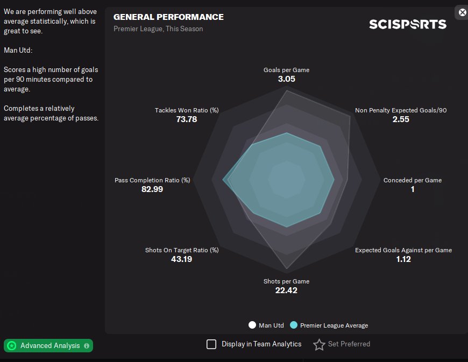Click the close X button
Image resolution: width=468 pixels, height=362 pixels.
pyautogui.click(x=462, y=12)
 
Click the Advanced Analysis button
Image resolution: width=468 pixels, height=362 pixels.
pyautogui.click(x=48, y=346)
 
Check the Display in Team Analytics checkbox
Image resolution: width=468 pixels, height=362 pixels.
pyautogui.click(x=211, y=344)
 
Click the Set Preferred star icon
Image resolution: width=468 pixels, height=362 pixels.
pyautogui.click(x=319, y=344)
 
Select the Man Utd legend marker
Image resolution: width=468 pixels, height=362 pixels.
pyautogui.click(x=252, y=325)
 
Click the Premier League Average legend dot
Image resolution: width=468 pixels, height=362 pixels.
pyautogui.click(x=293, y=325)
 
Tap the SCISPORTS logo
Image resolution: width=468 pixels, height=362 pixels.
pyautogui.click(x=407, y=24)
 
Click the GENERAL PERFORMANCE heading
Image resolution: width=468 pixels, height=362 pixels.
pyautogui.click(x=168, y=17)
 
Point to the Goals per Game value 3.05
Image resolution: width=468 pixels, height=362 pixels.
pyautogui.click(x=286, y=79)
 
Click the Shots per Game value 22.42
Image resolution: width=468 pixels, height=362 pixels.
pyautogui.click(x=286, y=290)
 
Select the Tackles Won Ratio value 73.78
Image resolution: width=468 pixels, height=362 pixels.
pyautogui.click(x=187, y=119)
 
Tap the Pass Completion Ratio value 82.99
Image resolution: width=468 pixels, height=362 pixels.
pyautogui.click(x=152, y=189)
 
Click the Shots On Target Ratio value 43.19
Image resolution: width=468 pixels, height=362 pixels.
pyautogui.click(x=181, y=259)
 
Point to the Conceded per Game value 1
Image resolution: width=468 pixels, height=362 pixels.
pyautogui.click(x=413, y=189)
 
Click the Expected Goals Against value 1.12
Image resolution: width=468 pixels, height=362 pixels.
pyautogui.click(x=403, y=259)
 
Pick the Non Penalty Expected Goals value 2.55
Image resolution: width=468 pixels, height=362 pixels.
pyautogui.click(x=401, y=119)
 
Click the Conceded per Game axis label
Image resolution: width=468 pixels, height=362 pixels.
pyautogui.click(x=413, y=180)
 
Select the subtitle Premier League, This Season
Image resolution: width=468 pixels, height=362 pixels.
pyautogui.click(x=158, y=29)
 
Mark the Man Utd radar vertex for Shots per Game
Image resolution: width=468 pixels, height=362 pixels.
pyautogui.click(x=287, y=269)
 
